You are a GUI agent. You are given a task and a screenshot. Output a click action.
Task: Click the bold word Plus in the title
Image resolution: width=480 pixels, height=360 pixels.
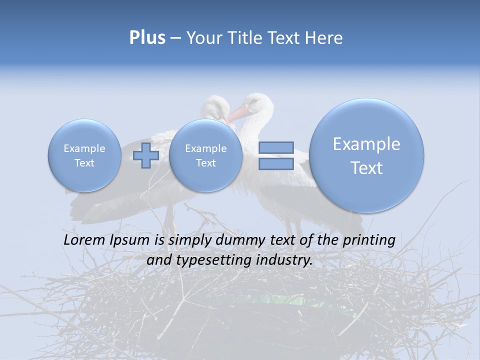147,38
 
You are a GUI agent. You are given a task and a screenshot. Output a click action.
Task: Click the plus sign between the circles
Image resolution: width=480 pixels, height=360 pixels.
146,155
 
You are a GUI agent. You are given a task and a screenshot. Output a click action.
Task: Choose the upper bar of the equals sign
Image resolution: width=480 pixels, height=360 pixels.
276,147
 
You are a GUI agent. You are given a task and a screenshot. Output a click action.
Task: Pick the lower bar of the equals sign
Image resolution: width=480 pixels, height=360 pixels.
276,164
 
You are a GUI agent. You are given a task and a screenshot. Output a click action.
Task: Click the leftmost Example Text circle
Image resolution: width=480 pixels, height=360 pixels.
84,155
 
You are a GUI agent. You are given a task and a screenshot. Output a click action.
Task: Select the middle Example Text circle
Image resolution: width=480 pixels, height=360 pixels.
205,155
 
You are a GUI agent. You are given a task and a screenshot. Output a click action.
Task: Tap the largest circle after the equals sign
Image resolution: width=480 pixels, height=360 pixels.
366,155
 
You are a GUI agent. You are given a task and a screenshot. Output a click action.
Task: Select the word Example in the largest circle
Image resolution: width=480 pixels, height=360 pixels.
366,144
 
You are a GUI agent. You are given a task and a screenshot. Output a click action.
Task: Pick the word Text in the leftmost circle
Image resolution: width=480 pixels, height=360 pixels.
84,163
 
